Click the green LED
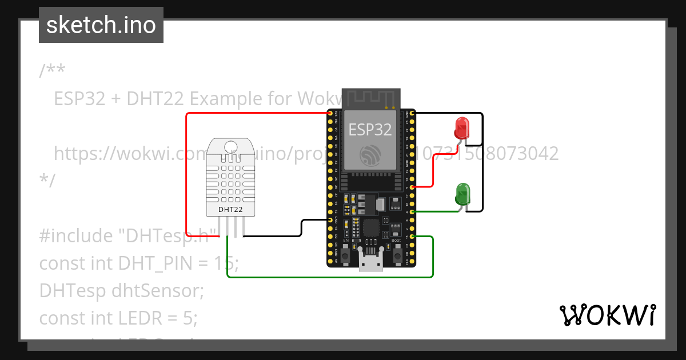coord(462,193)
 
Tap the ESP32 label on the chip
coord(370,130)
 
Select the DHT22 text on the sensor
coord(230,210)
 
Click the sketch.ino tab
coord(101,25)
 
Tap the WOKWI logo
coord(607,315)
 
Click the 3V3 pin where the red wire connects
coord(330,114)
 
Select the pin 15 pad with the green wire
coord(412,237)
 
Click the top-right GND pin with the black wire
coord(412,114)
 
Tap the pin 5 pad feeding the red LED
coord(412,187)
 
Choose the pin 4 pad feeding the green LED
coord(412,212)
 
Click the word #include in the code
coord(71,235)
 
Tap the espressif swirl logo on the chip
coord(370,154)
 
